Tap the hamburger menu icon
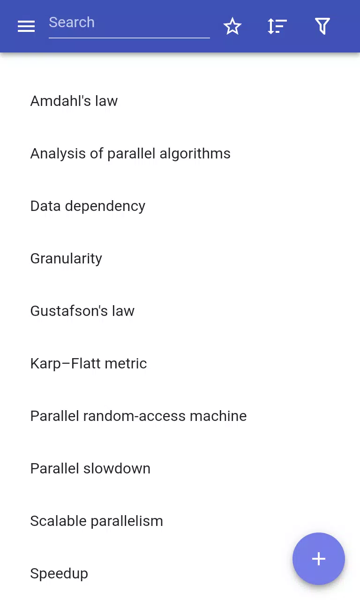coord(26,26)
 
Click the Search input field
coord(129,24)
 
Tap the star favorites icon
coord(232,26)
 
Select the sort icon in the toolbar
coord(277,26)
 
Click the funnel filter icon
coord(322,26)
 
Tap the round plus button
coord(318,559)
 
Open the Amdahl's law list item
coord(74,101)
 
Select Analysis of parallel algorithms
coord(130,154)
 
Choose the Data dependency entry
coord(88,206)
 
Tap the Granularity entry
coord(66,259)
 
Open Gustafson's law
coord(82,311)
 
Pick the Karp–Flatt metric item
coord(89,364)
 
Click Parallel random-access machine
coord(138,416)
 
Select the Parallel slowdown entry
coord(90,468)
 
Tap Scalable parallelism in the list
coord(97,521)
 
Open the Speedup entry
coord(59,574)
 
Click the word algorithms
coord(195,154)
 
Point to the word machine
coord(218,416)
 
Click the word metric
coord(126,364)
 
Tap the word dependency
coord(105,206)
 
